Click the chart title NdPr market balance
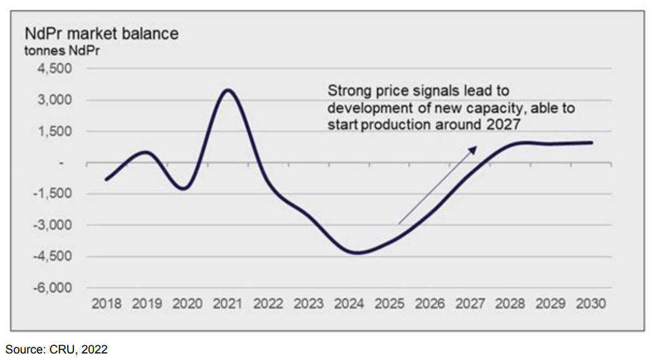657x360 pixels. pos(102,33)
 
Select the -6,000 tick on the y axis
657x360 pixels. pos(55,288)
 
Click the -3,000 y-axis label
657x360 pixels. pos(55,225)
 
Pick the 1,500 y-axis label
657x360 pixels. pos(57,132)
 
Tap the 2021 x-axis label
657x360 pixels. pos(227,304)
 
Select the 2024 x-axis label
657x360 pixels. pos(349,304)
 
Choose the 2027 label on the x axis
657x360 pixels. pos(470,304)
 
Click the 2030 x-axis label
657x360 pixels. pos(591,304)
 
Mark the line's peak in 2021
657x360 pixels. pos(228,90)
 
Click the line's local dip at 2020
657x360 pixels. pos(185,189)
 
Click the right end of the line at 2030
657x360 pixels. pos(592,143)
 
